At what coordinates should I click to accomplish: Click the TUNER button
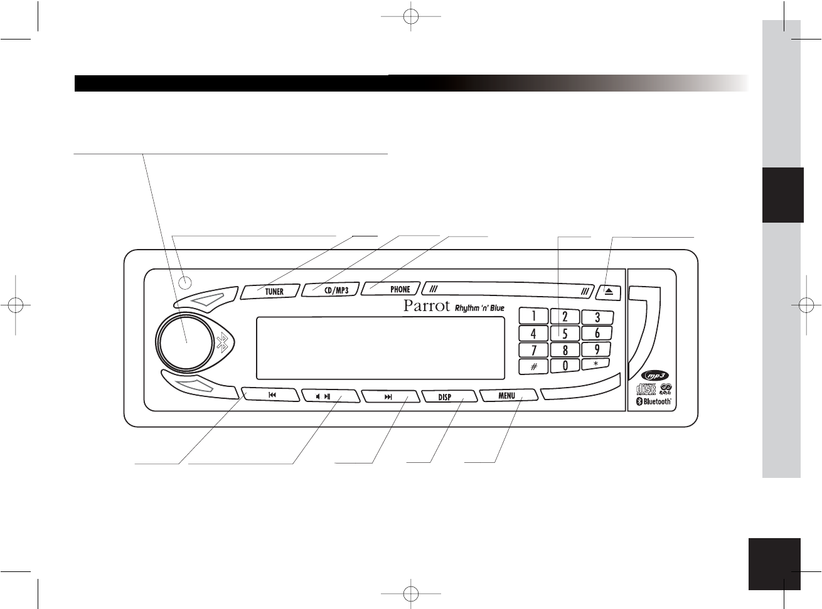(x=270, y=290)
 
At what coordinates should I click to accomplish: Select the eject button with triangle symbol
(x=608, y=291)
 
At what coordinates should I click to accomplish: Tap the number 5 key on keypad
(x=565, y=334)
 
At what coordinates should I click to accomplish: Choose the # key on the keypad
(x=533, y=366)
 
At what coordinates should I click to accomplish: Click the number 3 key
(x=597, y=317)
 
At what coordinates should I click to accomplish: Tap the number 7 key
(x=534, y=349)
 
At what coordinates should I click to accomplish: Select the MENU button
(x=508, y=396)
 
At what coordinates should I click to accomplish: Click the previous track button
(x=271, y=396)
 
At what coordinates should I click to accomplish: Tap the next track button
(x=388, y=396)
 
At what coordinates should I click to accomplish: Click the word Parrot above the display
(x=427, y=307)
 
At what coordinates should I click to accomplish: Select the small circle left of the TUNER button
(x=185, y=282)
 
